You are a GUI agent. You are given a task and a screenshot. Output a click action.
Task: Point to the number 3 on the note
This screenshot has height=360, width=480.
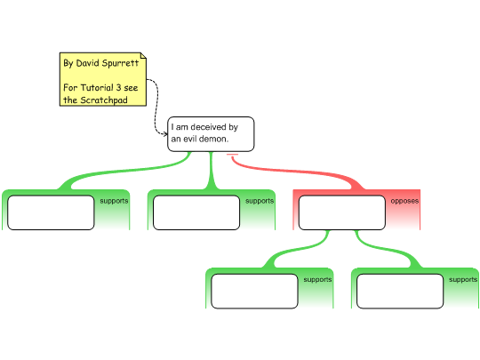tap(118, 87)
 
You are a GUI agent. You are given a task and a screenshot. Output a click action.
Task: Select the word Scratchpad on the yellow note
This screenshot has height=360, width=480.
tap(104, 100)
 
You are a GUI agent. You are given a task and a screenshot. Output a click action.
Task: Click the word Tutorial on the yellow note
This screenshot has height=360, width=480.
tap(97, 87)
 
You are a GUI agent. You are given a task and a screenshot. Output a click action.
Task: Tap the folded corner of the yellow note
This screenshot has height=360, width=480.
tap(143, 55)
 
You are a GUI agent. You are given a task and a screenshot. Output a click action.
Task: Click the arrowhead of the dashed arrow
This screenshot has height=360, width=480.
tap(165, 133)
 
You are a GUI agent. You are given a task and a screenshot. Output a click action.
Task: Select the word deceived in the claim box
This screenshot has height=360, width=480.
tap(208, 127)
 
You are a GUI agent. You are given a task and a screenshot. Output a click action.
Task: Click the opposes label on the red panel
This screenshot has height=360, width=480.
tap(404, 201)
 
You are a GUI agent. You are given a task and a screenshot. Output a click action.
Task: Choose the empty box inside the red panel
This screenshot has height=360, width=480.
tap(342, 212)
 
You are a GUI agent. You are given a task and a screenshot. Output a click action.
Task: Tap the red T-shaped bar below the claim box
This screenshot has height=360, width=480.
tap(232, 155)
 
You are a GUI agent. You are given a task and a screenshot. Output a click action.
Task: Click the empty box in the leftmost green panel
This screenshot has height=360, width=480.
tap(51, 212)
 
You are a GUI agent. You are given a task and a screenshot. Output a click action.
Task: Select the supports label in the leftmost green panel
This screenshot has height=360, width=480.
tap(114, 201)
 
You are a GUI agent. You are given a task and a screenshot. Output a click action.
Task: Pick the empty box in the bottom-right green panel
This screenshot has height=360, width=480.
tap(400, 292)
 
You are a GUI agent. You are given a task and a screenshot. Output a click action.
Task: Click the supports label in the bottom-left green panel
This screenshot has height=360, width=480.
tap(317, 280)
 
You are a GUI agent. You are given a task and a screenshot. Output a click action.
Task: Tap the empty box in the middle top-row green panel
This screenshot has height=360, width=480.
tap(196, 212)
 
